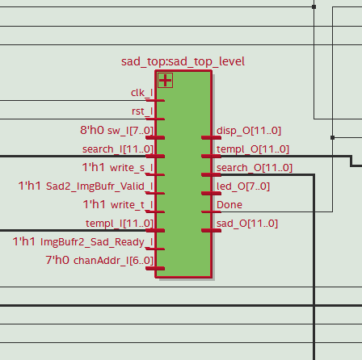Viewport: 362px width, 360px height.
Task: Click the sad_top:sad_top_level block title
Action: (183, 61)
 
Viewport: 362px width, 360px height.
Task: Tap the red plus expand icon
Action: (165, 80)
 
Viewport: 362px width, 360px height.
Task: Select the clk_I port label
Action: (142, 93)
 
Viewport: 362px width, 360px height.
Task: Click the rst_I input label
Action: (142, 111)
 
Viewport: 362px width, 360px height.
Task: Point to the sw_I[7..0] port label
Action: (130, 131)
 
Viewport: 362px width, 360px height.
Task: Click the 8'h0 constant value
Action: (92, 130)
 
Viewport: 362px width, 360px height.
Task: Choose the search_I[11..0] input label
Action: (118, 149)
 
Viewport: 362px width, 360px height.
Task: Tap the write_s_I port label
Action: (132, 168)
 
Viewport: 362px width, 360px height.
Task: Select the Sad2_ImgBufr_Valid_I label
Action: (99, 186)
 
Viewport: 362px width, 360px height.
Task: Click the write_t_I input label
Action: (132, 205)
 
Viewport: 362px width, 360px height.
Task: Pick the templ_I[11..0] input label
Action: (120, 224)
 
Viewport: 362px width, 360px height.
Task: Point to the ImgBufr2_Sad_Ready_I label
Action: (97, 242)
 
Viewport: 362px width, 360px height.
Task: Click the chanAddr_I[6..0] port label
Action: (113, 261)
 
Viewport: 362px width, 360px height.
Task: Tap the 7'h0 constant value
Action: (57, 260)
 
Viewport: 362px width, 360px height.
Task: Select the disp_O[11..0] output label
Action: (249, 131)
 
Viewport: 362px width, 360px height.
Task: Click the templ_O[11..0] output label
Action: (253, 149)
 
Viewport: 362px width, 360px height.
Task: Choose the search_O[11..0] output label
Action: (255, 168)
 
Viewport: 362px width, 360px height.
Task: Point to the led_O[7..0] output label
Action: (243, 186)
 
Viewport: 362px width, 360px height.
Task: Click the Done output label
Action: (229, 205)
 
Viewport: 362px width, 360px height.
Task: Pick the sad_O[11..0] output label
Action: (247, 224)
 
